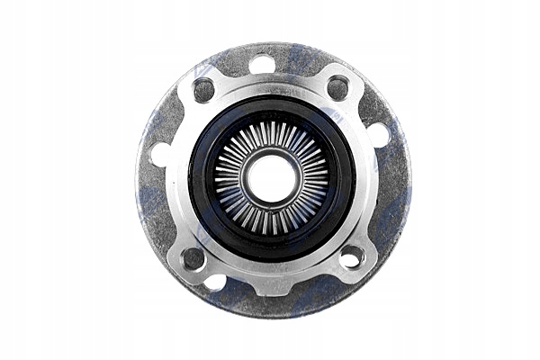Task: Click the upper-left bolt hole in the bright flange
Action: (x=204, y=89)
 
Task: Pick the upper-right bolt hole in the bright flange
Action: (x=338, y=87)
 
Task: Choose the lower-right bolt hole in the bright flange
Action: (x=350, y=258)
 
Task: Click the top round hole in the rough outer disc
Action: (x=262, y=65)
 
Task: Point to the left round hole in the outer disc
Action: (x=161, y=155)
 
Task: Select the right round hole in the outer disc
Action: (x=379, y=135)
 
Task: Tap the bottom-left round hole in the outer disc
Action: (x=215, y=282)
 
